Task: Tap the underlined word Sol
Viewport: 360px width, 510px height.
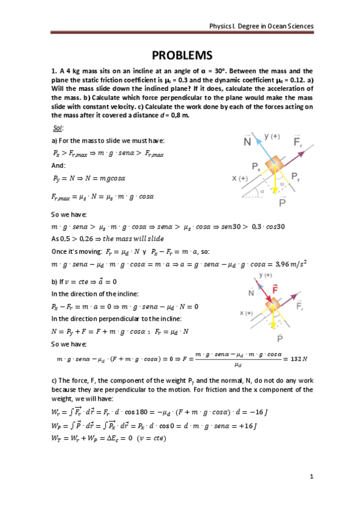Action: (58, 129)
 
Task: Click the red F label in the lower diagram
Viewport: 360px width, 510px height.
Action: (276, 294)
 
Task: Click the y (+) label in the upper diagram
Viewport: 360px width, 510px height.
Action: (273, 137)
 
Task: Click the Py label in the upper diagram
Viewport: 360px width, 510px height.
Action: (296, 176)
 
